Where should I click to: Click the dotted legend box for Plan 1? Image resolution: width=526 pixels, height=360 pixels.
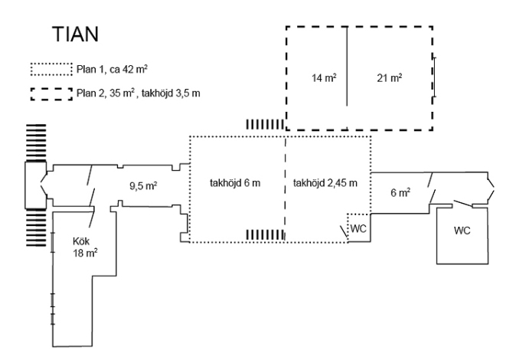(51, 70)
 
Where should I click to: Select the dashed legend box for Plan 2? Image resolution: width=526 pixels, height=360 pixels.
(51, 95)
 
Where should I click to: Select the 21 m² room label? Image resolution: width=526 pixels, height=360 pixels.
(390, 79)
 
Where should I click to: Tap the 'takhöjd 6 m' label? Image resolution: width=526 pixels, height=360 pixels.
(234, 183)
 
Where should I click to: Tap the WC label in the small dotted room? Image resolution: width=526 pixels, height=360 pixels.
(358, 228)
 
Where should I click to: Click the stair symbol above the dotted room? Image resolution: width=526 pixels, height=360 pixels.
(262, 124)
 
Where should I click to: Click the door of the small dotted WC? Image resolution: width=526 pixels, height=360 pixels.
(344, 230)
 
